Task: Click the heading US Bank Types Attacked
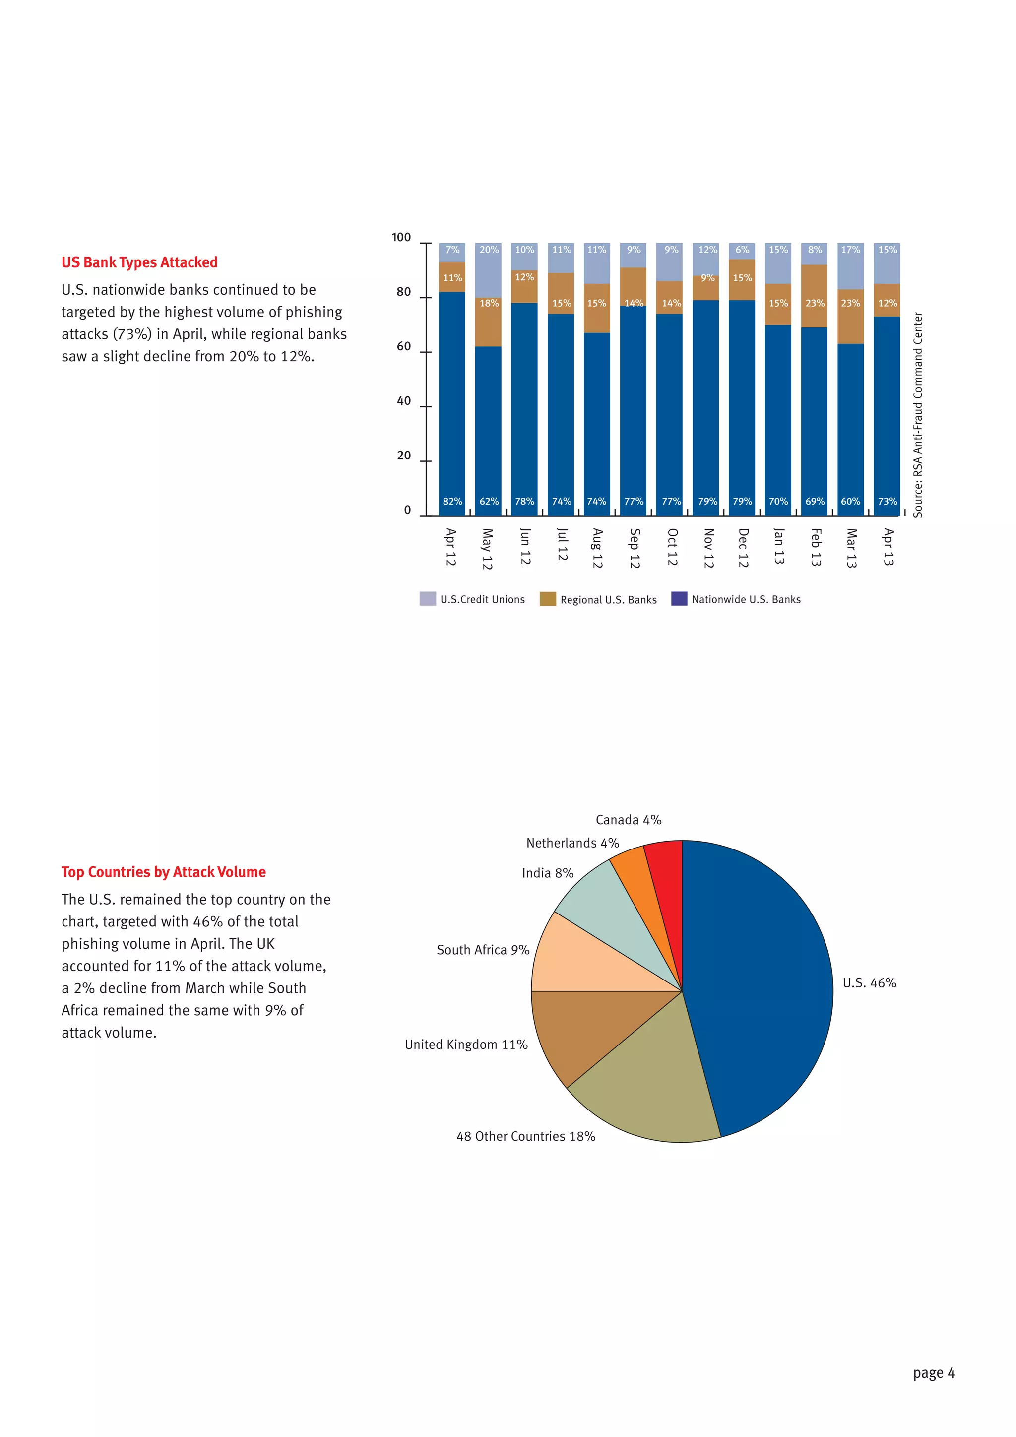[x=139, y=262]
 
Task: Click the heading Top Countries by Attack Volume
[x=163, y=872]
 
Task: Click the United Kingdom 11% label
[x=466, y=1045]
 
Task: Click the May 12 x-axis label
[x=487, y=549]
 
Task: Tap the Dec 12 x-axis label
[x=743, y=548]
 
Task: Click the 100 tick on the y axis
[x=401, y=237]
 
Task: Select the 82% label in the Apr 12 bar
[x=452, y=501]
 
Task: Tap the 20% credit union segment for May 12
[x=489, y=269]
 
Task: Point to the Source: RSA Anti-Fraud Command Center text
[x=918, y=415]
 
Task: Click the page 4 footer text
[x=934, y=1373]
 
